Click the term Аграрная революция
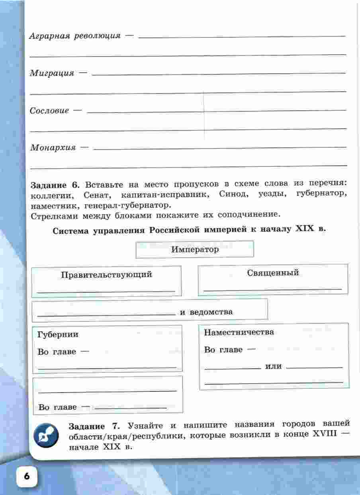74,36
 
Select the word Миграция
52,73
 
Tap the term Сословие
49,111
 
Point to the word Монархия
53,147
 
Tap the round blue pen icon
46,435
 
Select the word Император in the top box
195,250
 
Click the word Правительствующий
106,274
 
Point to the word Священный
273,273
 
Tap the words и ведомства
206,312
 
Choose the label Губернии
58,335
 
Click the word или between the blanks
274,366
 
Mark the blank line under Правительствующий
106,292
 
